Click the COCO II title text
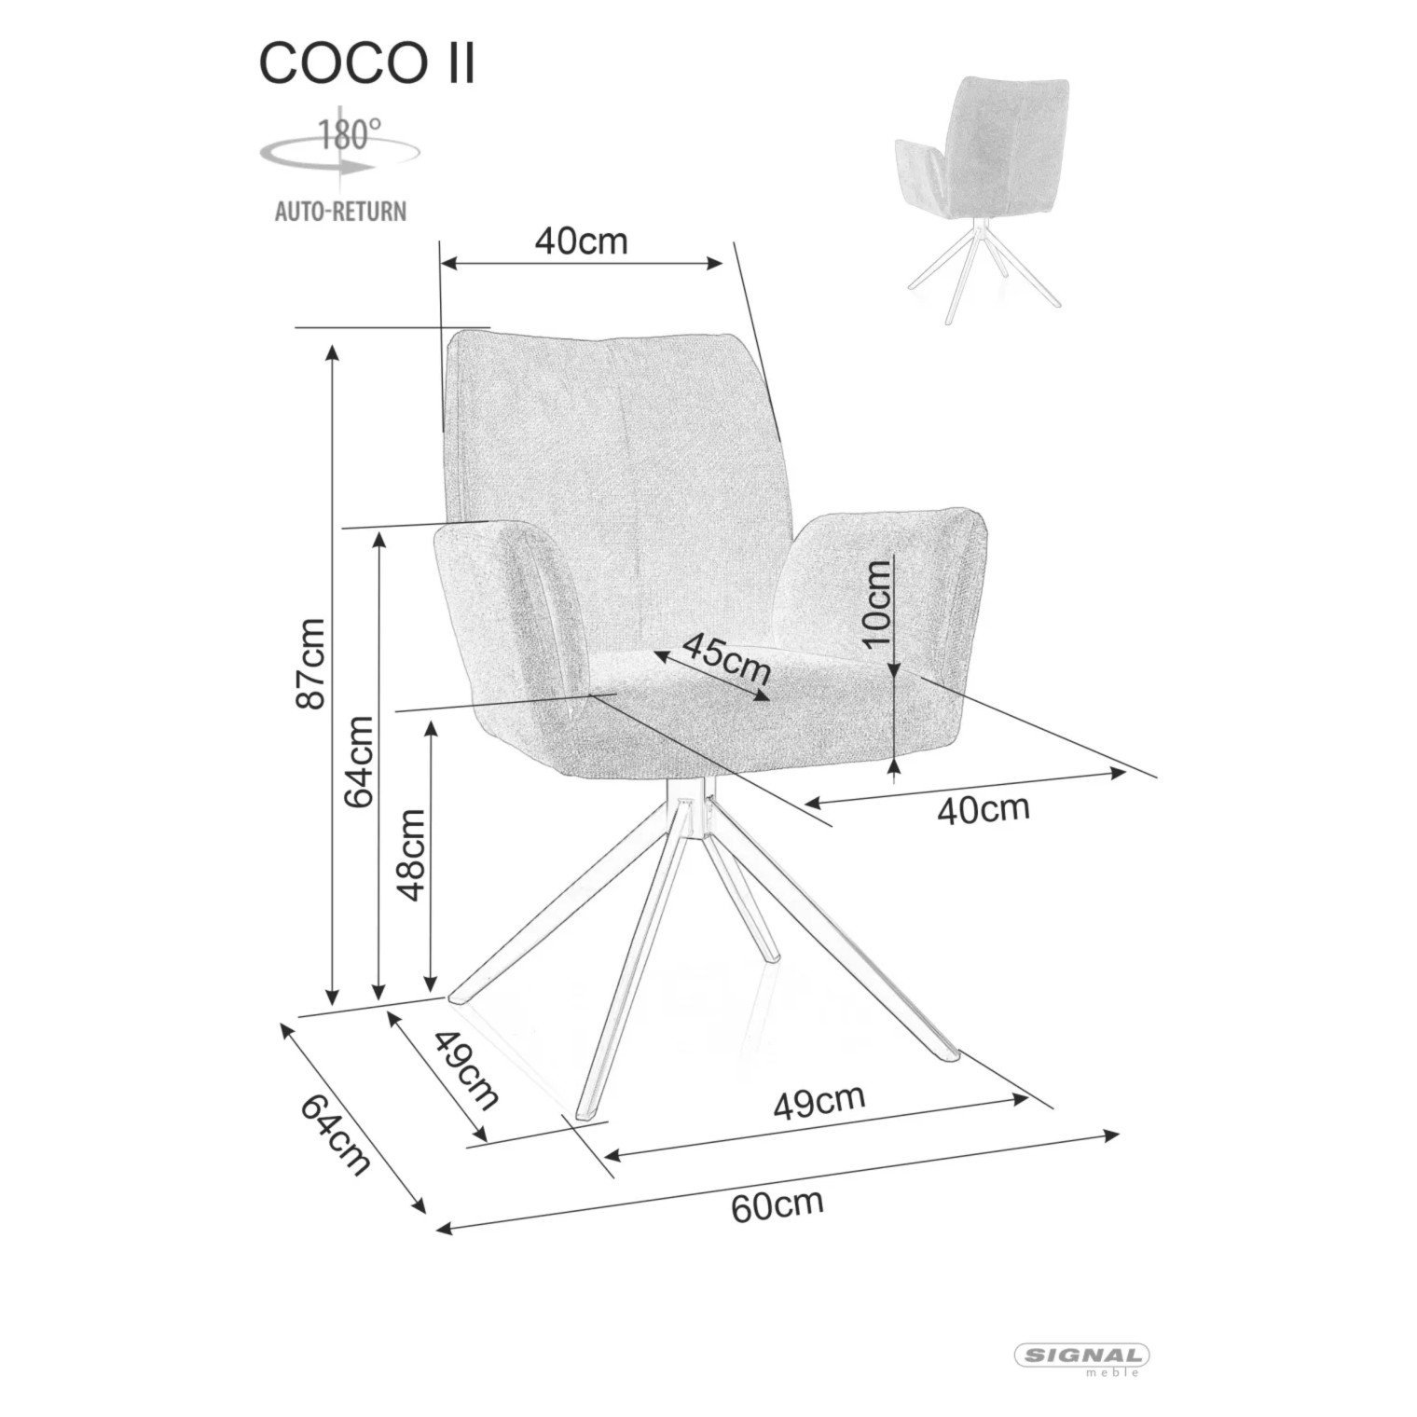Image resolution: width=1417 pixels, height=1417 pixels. point(366,63)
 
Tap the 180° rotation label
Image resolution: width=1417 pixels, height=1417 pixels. point(345,133)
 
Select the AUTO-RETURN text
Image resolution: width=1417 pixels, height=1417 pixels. point(340,211)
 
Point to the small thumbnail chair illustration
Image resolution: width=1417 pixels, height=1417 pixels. point(983,199)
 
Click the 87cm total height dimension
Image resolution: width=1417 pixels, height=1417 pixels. point(310,664)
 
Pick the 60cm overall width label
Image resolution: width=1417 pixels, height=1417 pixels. point(777,1204)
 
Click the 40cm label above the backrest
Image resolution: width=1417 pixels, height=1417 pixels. point(581,241)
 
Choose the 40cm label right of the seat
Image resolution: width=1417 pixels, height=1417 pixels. point(984,808)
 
